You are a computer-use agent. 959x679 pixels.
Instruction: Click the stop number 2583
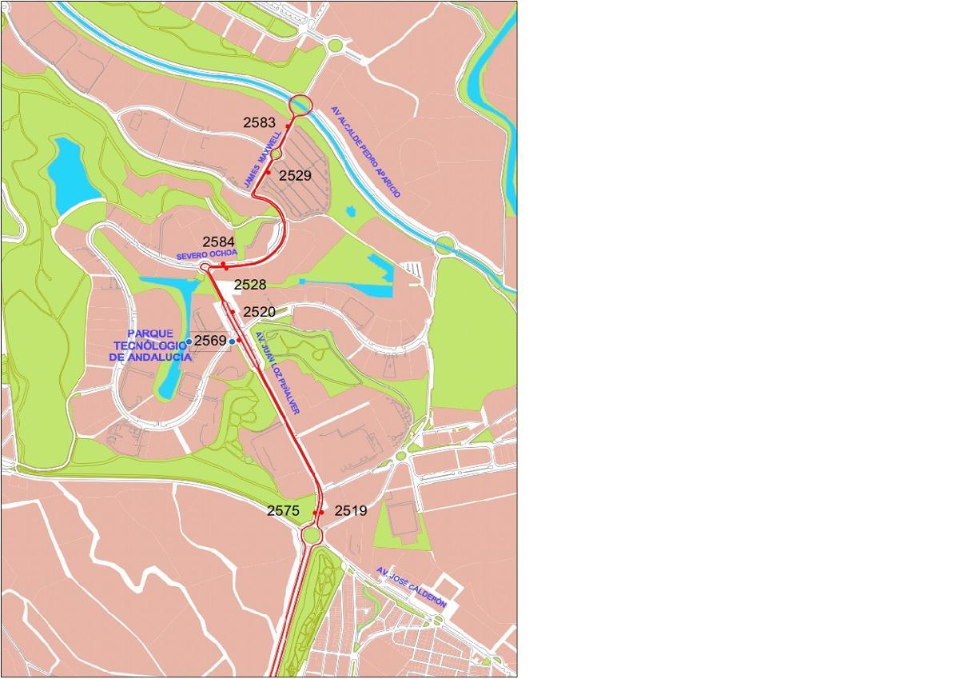coord(260,123)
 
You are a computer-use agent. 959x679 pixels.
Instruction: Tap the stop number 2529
coord(295,174)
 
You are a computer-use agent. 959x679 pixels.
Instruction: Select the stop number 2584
coord(218,241)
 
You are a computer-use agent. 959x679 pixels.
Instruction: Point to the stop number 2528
coord(250,285)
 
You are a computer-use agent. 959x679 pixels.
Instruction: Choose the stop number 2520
coord(259,312)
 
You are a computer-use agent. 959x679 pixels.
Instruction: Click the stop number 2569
coord(211,341)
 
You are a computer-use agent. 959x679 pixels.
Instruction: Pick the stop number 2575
coord(283,510)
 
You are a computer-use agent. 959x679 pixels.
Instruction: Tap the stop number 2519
coord(350,510)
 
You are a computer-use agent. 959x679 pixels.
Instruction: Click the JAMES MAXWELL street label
coord(262,161)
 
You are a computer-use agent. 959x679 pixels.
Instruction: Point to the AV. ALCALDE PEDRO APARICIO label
coord(366,153)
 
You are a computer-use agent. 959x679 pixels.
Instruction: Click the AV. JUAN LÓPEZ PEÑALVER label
coord(275,373)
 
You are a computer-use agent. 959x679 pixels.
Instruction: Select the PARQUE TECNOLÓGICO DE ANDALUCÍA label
coord(150,345)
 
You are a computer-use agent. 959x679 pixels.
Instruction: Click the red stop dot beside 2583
coord(288,126)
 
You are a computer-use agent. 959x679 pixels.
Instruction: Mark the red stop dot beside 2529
coord(269,173)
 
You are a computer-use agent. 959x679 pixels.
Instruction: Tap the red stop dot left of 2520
coord(233,311)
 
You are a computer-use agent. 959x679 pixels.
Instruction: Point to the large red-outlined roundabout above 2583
coord(300,105)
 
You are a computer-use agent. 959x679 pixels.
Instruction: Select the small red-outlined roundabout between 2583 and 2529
coord(276,153)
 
